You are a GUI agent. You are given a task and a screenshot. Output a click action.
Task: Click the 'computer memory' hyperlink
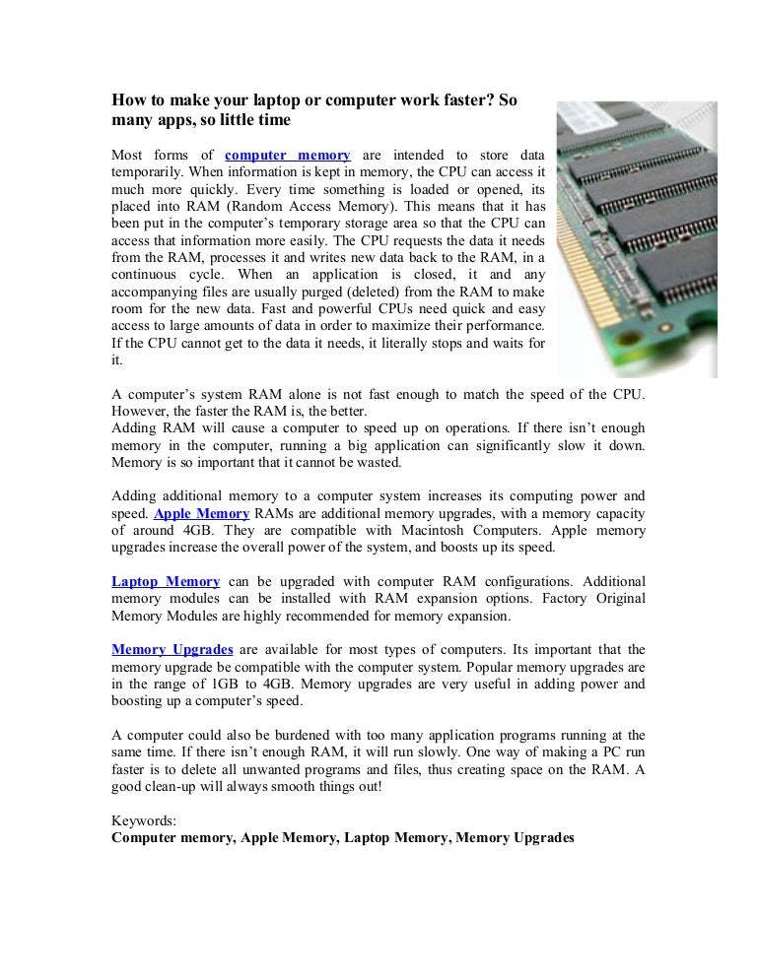(x=287, y=155)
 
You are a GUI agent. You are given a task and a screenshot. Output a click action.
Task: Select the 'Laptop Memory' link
(x=166, y=581)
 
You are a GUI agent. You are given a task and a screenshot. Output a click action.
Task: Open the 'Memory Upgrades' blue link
(x=172, y=649)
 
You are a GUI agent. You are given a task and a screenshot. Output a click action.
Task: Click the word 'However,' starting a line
(x=140, y=411)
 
